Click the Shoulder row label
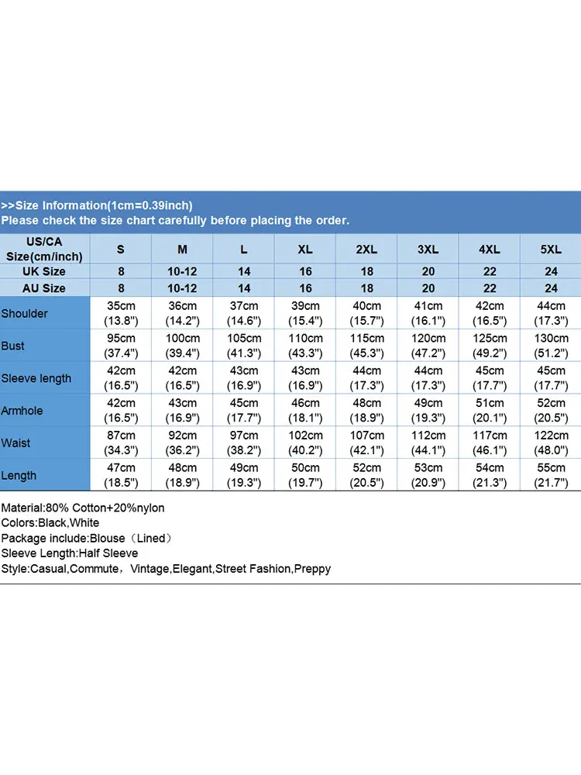pyautogui.click(x=25, y=314)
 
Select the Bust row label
pyautogui.click(x=13, y=346)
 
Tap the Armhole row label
pyautogui.click(x=22, y=411)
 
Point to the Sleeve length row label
pyautogui.click(x=36, y=378)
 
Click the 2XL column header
pyautogui.click(x=366, y=250)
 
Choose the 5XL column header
pyautogui.click(x=551, y=250)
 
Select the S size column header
pyautogui.click(x=121, y=250)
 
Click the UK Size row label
pyautogui.click(x=45, y=272)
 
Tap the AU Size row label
pyautogui.click(x=45, y=288)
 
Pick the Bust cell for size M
pyautogui.click(x=183, y=346)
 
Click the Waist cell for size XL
pyautogui.click(x=305, y=443)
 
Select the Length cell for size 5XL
pyautogui.click(x=551, y=476)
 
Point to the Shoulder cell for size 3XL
pyautogui.click(x=428, y=313)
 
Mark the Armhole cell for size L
pyautogui.click(x=244, y=411)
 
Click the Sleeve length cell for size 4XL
pyautogui.click(x=490, y=378)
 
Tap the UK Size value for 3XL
pyautogui.click(x=428, y=272)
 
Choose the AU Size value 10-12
pyautogui.click(x=183, y=288)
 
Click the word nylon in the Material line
pyautogui.click(x=149, y=508)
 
